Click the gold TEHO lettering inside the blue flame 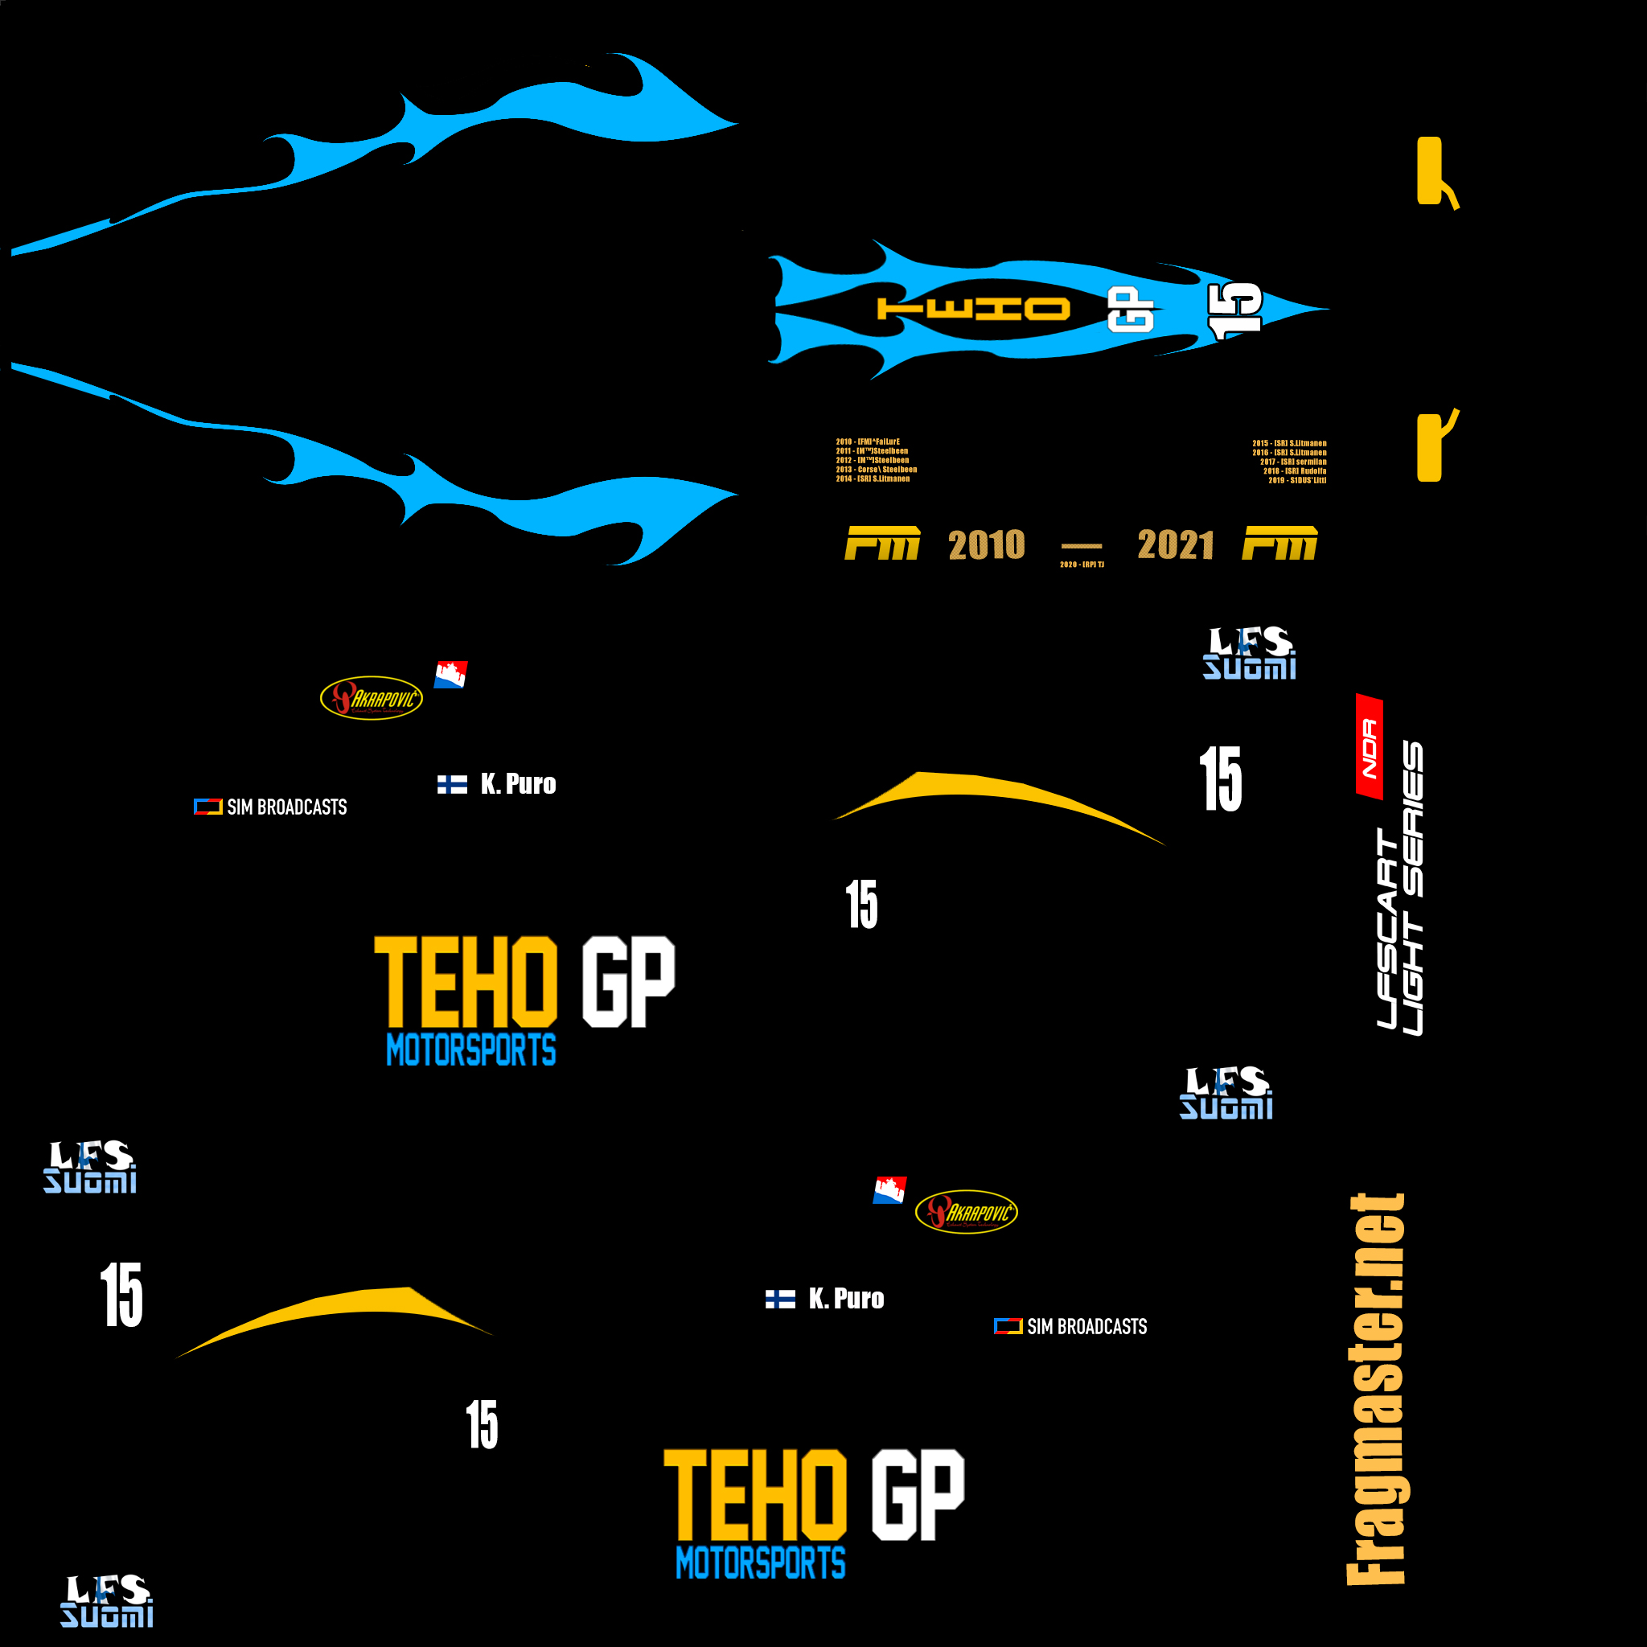coord(973,309)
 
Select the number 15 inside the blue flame coord(1234,310)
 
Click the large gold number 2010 coord(986,544)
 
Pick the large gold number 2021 coord(1176,544)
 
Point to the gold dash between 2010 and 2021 coord(1081,545)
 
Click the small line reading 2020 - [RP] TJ coord(1082,565)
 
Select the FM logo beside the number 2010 coord(881,543)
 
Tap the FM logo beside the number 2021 coord(1279,543)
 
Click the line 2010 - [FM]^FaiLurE coord(868,442)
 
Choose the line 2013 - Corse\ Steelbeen coord(877,469)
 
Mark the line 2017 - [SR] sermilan coord(1293,461)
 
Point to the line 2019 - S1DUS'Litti coord(1296,480)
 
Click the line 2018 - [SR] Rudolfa coord(1294,470)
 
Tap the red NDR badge coord(1370,748)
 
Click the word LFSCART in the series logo coord(1388,929)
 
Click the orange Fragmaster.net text coord(1375,1390)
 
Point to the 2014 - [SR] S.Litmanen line coord(873,478)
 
